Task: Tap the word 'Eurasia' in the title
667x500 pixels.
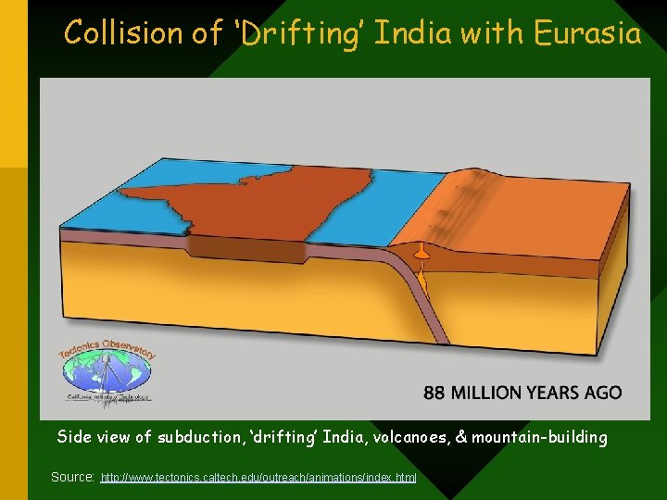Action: pos(587,34)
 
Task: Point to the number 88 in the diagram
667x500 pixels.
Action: pos(434,393)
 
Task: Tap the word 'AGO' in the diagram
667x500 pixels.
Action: pos(603,393)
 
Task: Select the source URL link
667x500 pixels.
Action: pos(259,477)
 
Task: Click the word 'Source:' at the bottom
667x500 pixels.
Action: pos(72,477)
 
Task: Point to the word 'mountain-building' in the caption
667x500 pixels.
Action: pos(539,437)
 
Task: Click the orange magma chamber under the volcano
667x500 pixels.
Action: pos(422,252)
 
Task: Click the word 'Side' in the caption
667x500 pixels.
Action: pos(74,437)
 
